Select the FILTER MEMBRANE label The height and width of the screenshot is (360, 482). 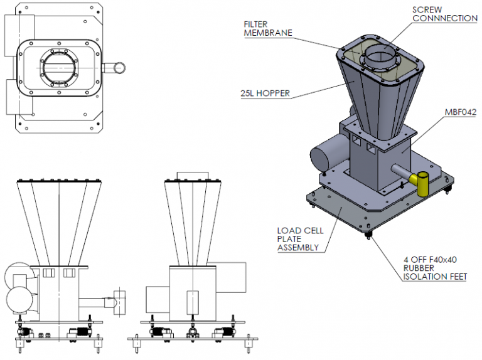click(x=268, y=28)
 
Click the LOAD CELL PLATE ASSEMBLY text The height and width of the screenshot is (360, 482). click(x=300, y=239)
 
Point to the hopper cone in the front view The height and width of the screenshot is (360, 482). click(x=59, y=220)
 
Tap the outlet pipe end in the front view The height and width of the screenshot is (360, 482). click(x=119, y=301)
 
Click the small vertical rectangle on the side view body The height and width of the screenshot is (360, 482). click(x=192, y=302)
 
